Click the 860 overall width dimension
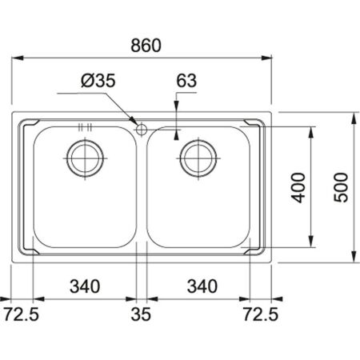[x=146, y=46]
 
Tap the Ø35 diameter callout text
[x=98, y=81]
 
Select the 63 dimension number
[x=186, y=81]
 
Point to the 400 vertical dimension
[x=298, y=188]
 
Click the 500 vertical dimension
[x=342, y=187]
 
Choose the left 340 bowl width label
[x=85, y=286]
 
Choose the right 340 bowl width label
[x=202, y=286]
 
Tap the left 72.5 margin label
[x=22, y=314]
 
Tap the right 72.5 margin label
[x=261, y=314]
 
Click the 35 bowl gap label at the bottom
[x=141, y=314]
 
